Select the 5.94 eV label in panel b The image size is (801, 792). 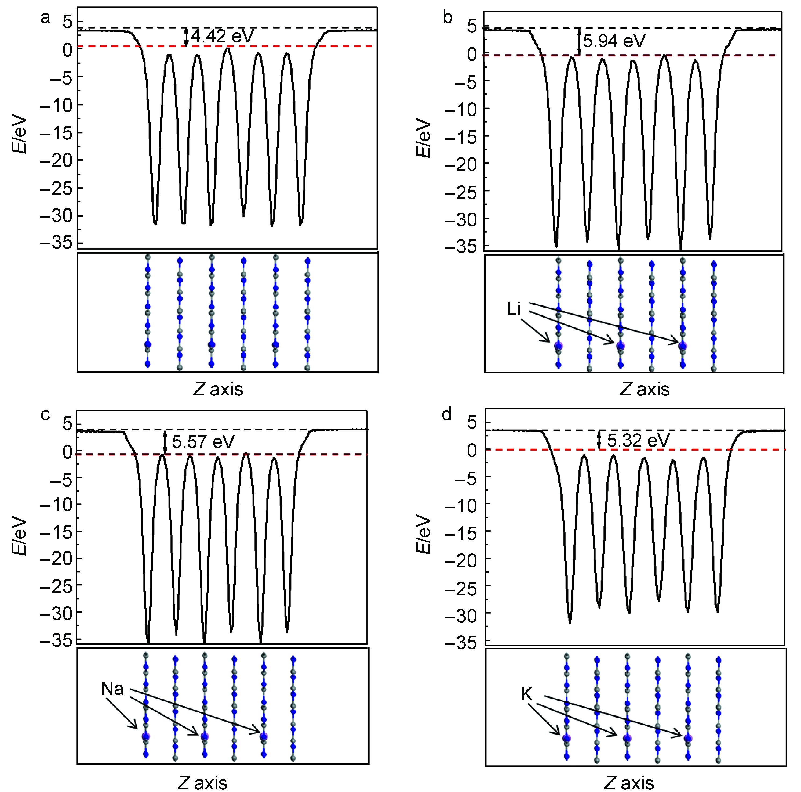(x=614, y=41)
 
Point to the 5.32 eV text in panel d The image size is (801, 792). (x=639, y=440)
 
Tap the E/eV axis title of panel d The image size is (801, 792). (x=424, y=535)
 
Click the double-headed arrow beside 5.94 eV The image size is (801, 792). (x=580, y=41)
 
